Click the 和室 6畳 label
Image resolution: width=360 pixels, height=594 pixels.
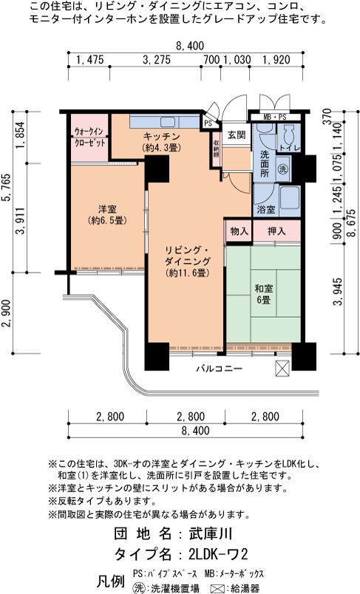tap(264, 294)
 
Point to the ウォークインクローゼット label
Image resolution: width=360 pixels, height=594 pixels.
tap(89, 137)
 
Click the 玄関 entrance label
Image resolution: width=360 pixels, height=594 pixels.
tap(237, 135)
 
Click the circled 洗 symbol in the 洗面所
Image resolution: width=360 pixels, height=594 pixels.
tap(282, 169)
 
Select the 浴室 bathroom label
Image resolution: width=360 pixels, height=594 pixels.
tap(266, 210)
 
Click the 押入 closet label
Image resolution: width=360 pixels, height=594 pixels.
tap(276, 231)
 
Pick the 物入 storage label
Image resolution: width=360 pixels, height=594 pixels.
tap(239, 231)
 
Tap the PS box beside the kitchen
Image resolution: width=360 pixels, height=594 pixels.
tap(208, 123)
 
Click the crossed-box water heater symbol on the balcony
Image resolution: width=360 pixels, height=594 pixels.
tap(282, 368)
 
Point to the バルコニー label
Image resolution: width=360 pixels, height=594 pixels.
tap(220, 368)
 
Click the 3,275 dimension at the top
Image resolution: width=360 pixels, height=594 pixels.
tap(157, 60)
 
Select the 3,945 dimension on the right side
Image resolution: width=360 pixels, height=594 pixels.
tap(337, 291)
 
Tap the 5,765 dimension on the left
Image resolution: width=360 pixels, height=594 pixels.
tap(9, 188)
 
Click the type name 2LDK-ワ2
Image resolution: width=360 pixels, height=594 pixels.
tap(218, 555)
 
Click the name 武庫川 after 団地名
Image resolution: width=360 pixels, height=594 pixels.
tap(211, 533)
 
